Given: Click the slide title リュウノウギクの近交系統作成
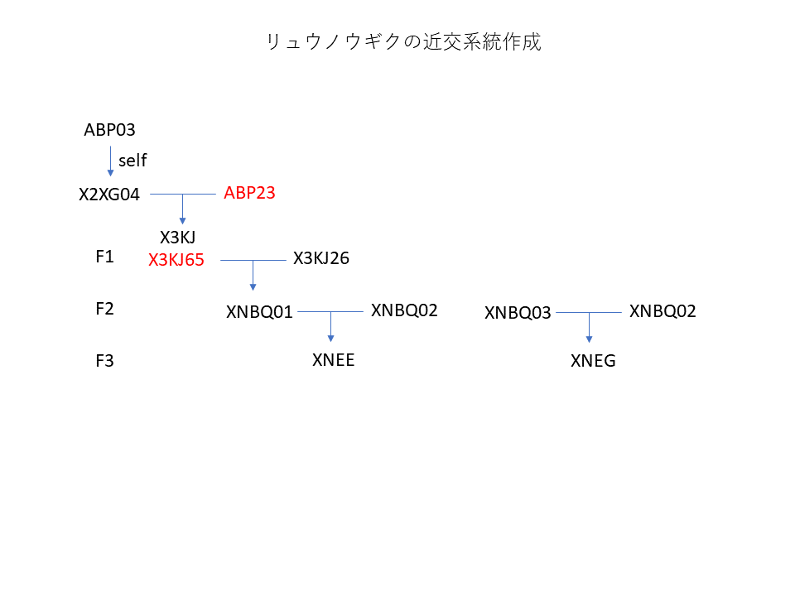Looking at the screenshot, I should point(403,42).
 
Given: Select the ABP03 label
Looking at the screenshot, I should point(109,130).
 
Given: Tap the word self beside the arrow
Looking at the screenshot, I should point(132,161).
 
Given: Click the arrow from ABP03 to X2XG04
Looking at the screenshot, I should point(110,160).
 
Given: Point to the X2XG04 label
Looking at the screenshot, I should point(109,195).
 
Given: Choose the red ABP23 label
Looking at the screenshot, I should point(249,193).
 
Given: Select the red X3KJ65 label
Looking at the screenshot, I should point(176,260).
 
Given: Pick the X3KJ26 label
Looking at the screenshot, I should point(321,258).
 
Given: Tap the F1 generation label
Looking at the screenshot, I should point(104,257).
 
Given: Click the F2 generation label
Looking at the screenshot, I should point(104,309).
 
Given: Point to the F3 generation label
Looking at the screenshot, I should point(104,361).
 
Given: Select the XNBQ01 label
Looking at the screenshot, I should point(259,312).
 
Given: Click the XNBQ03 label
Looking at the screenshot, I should point(518,313).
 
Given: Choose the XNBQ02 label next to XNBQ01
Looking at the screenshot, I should point(404,310).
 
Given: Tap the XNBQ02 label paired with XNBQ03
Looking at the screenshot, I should point(662,311).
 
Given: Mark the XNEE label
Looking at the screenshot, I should point(334,359).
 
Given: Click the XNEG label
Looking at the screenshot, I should point(593,361).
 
